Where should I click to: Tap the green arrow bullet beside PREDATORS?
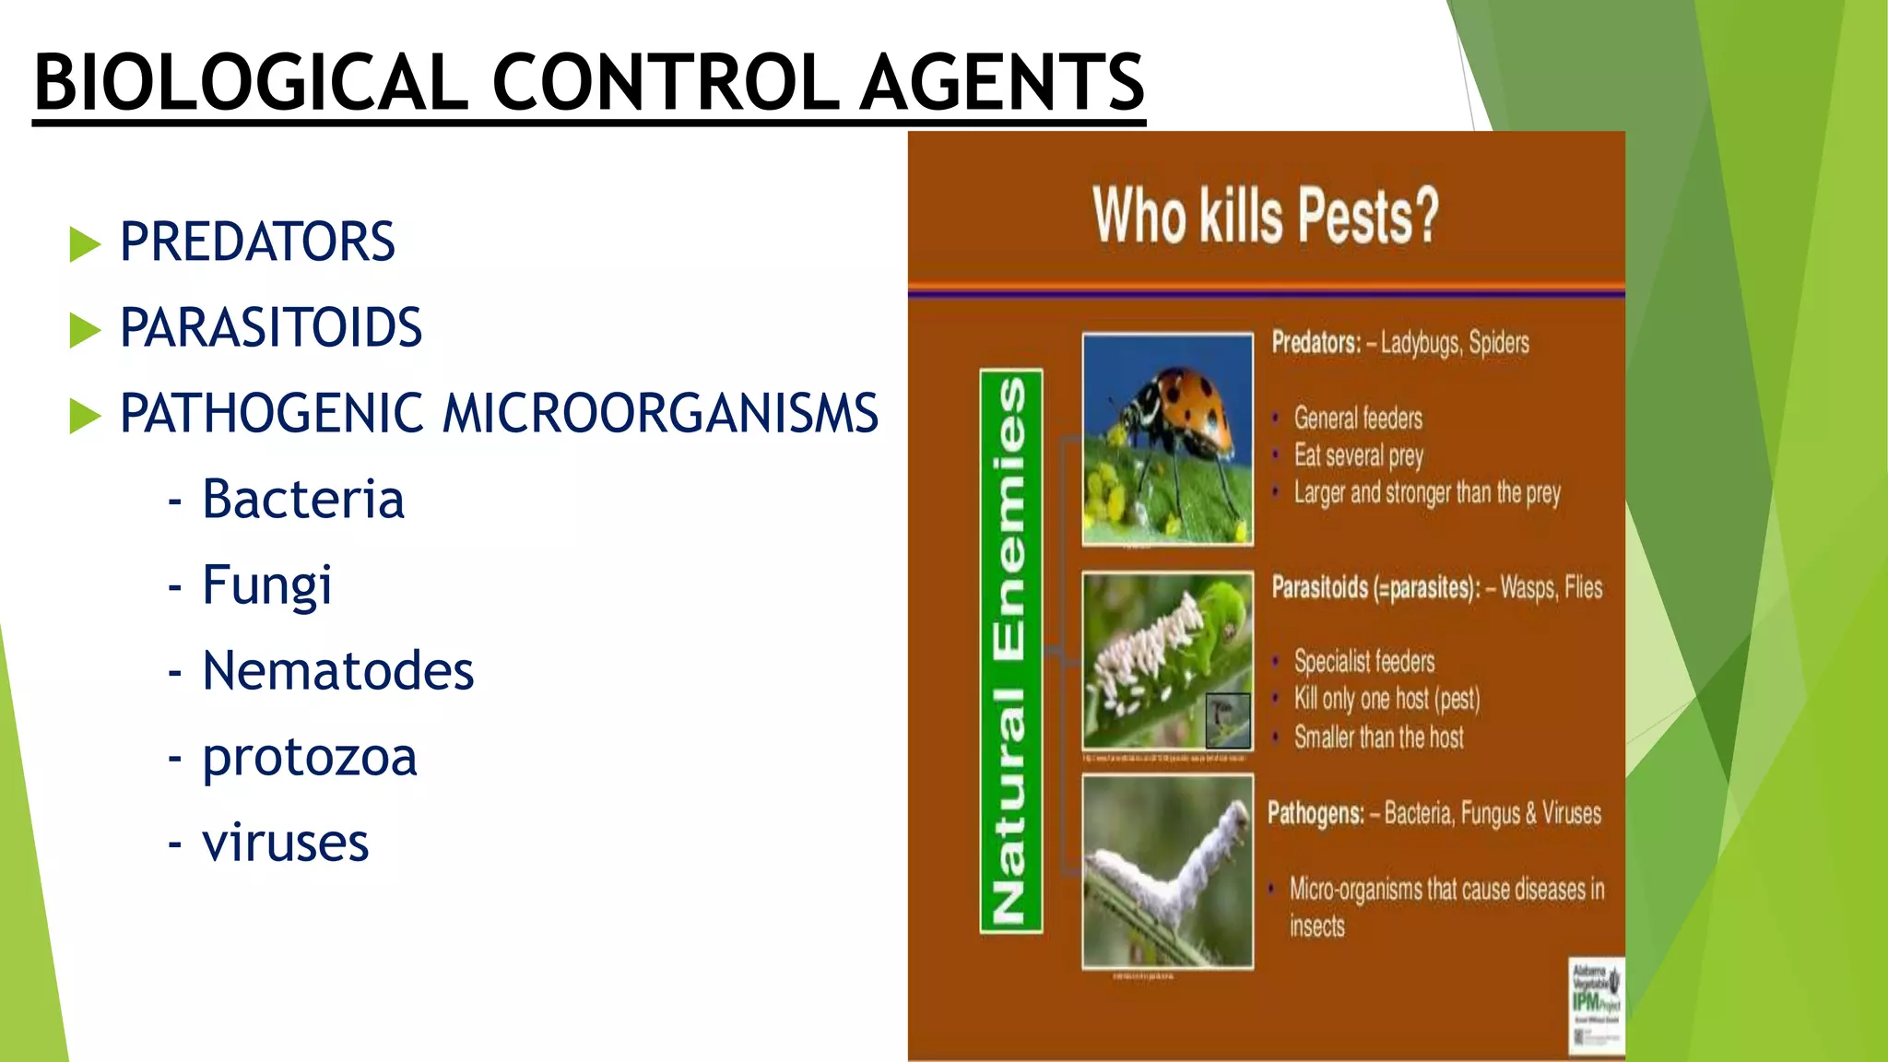pos(85,244)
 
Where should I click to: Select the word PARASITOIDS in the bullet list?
pos(270,328)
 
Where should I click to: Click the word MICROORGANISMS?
pos(660,413)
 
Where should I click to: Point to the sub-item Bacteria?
pos(302,500)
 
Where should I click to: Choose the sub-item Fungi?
pos(266,585)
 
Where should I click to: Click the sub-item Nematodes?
pos(337,671)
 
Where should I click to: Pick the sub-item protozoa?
pos(310,758)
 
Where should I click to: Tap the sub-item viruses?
pos(285,843)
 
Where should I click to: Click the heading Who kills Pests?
pos(1265,216)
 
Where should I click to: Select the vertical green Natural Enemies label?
pos(1011,651)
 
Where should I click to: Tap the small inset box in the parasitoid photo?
pos(1228,720)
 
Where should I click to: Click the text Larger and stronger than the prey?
pos(1426,493)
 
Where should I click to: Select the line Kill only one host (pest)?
pos(1386,699)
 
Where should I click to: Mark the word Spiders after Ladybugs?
pos(1498,343)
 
